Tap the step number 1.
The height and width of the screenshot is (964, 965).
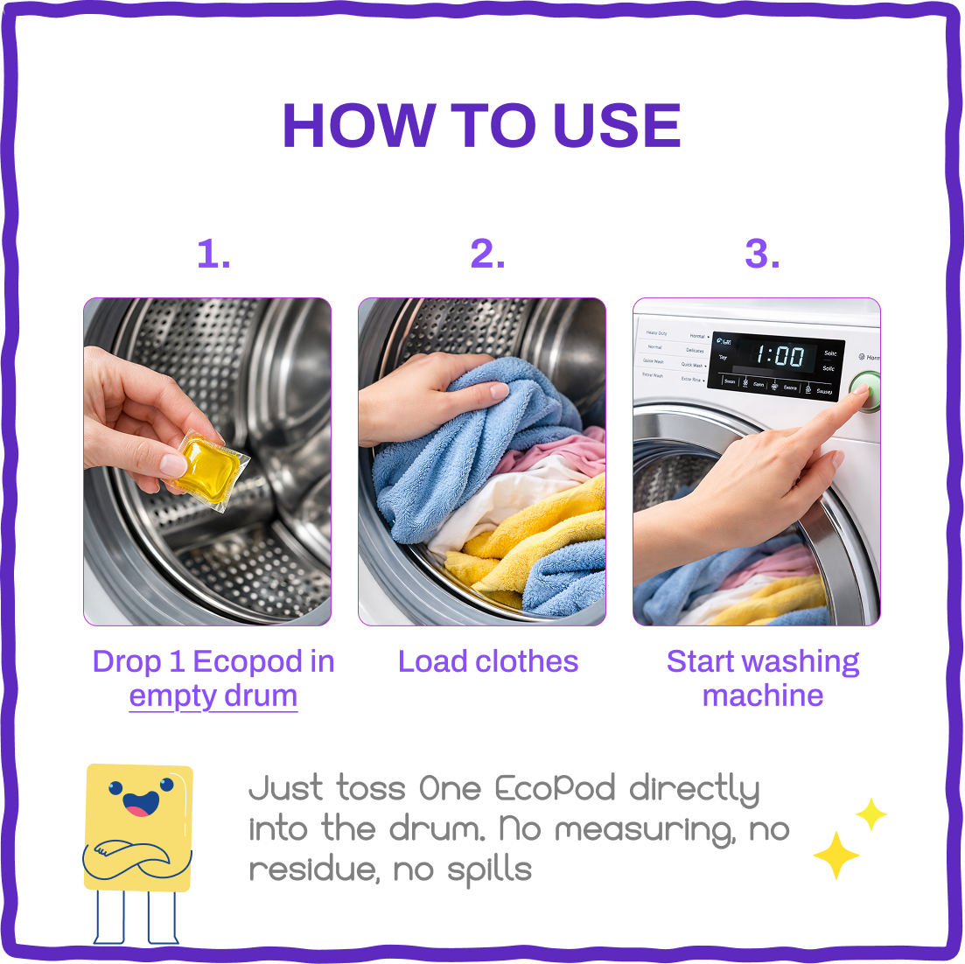[213, 255]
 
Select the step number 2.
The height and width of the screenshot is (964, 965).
[487, 255]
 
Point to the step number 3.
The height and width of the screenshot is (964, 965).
[762, 255]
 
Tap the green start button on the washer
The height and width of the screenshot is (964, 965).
[866, 390]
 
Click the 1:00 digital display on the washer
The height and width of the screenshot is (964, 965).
[779, 356]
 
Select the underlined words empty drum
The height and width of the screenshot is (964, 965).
[213, 696]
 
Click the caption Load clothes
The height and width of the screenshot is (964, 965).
[488, 661]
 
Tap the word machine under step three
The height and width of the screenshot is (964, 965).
[763, 696]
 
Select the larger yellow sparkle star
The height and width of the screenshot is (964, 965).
[836, 856]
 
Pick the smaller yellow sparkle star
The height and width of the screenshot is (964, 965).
[871, 814]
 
